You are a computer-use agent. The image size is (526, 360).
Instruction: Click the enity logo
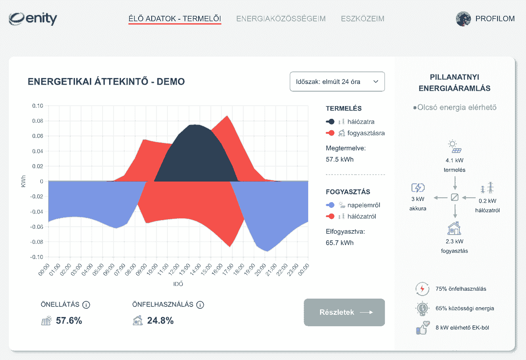pyautogui.click(x=33, y=19)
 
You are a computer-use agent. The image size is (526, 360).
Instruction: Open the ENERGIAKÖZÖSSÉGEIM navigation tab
pyautogui.click(x=281, y=19)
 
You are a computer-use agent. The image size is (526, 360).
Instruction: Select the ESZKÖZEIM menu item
pyautogui.click(x=363, y=19)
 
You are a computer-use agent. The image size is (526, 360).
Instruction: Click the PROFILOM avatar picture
pyautogui.click(x=463, y=19)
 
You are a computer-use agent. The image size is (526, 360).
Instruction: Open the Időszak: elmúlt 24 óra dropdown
pyautogui.click(x=337, y=82)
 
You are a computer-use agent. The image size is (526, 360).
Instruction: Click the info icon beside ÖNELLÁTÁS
pyautogui.click(x=86, y=305)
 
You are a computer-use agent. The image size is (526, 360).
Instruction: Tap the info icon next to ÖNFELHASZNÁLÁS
pyautogui.click(x=200, y=305)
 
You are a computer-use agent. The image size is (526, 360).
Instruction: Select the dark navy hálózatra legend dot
pyautogui.click(x=331, y=122)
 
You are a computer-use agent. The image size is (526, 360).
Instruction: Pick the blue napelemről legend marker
pyautogui.click(x=331, y=205)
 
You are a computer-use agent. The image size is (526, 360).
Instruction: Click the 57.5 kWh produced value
pyautogui.click(x=340, y=160)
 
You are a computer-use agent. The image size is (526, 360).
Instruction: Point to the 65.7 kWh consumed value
pyautogui.click(x=340, y=242)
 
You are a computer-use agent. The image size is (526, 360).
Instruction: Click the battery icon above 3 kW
pyautogui.click(x=418, y=188)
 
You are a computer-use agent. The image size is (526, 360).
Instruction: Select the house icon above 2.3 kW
pyautogui.click(x=455, y=229)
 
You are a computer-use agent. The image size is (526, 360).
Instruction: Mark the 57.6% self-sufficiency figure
pyautogui.click(x=69, y=321)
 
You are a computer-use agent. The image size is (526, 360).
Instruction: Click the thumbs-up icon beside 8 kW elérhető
pyautogui.click(x=423, y=328)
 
